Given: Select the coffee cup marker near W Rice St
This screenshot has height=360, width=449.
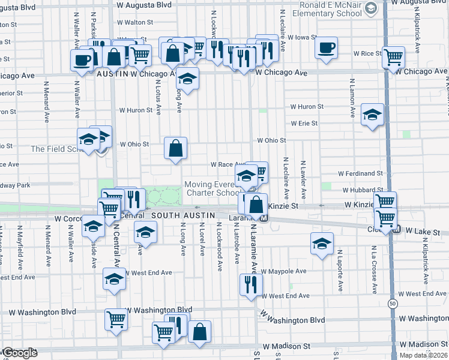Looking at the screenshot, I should (327, 48).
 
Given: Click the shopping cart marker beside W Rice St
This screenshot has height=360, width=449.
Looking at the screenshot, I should (393, 58).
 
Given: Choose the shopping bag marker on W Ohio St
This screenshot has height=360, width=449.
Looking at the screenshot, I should (175, 149).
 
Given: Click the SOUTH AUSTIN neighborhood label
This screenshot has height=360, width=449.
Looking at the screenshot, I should (178, 215).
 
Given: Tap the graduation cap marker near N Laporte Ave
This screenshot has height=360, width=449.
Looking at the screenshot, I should (322, 244).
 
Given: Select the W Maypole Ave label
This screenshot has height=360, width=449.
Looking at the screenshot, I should (283, 271).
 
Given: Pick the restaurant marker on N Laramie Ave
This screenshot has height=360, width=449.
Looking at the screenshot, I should (250, 284).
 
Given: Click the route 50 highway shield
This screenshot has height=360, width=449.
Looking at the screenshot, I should (391, 301).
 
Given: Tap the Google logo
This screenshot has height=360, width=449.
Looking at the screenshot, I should (20, 353).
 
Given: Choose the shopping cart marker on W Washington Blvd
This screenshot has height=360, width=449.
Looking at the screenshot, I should (116, 319).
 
